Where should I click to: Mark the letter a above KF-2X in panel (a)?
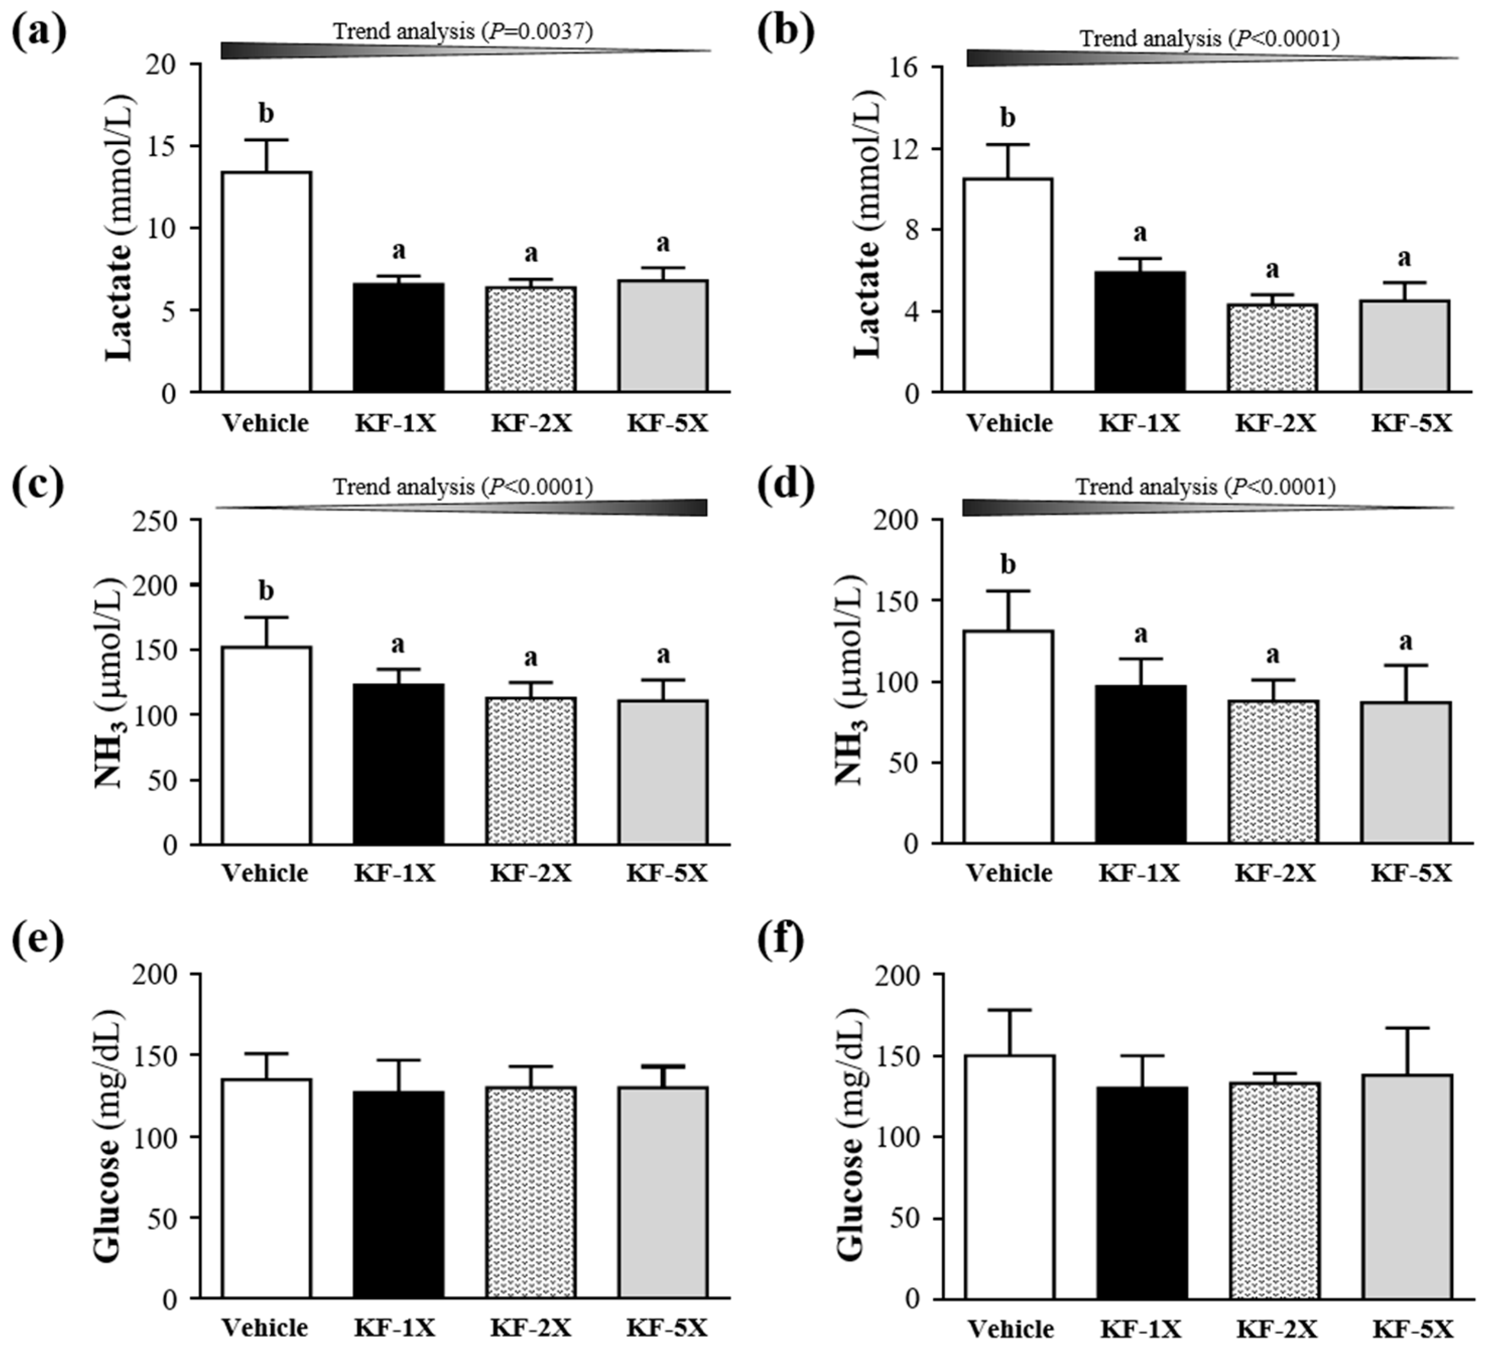[531, 253]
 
